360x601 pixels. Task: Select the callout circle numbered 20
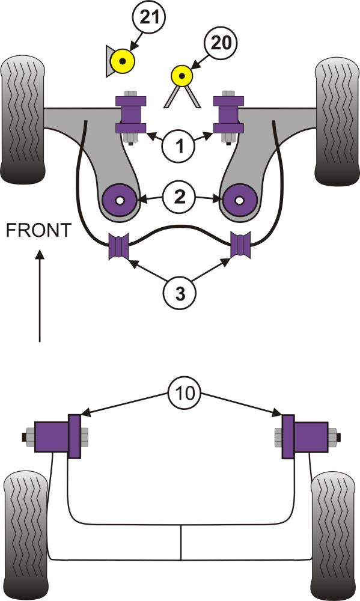[x=221, y=43]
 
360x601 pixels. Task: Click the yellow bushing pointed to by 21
[x=123, y=61]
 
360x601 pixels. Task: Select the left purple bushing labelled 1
[x=130, y=115]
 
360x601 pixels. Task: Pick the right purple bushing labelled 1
[x=229, y=115]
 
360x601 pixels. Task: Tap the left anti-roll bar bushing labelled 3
[x=119, y=246]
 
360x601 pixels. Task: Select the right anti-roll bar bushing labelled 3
[x=242, y=246]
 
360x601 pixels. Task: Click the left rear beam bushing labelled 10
[x=59, y=437]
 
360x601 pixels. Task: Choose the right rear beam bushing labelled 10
[x=304, y=437]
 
